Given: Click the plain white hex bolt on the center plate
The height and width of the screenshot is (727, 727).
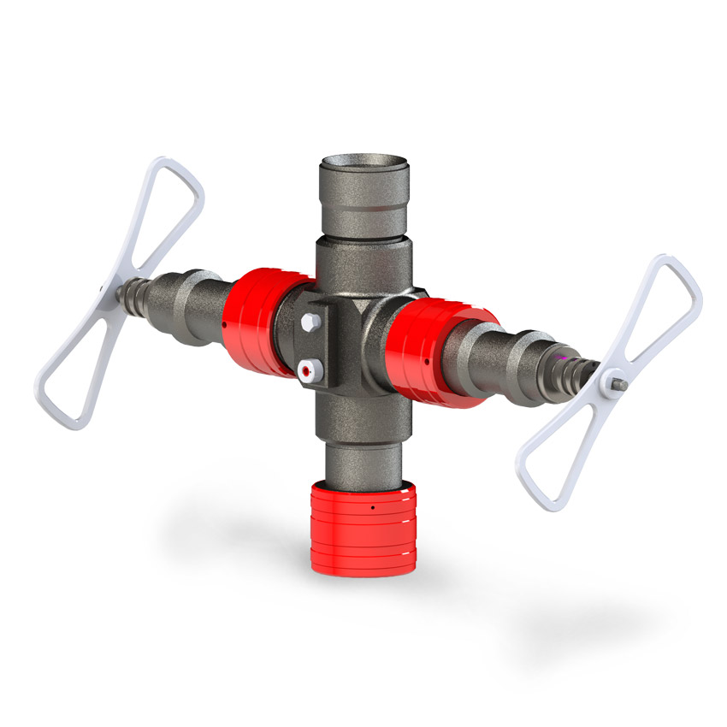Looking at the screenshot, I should click(310, 322).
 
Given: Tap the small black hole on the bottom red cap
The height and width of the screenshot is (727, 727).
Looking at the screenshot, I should click(373, 508).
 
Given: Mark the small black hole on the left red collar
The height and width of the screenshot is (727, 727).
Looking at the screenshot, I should click(223, 326).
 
